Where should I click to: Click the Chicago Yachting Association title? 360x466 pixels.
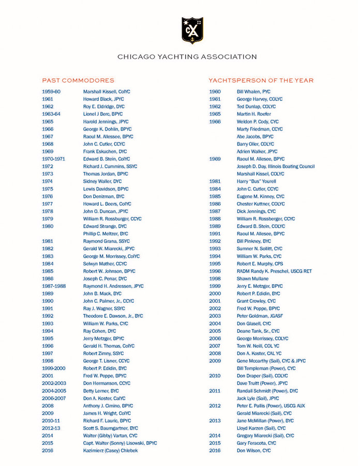[187, 57]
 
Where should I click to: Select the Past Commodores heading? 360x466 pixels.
[78, 81]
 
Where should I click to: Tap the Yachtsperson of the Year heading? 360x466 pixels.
[261, 81]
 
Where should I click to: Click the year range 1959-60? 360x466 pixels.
[51, 91]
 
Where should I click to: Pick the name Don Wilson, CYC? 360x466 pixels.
[253, 451]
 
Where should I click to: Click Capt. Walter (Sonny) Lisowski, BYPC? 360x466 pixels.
[120, 443]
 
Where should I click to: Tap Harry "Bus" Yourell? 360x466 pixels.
[257, 181]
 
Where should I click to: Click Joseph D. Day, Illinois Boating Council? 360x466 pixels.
[276, 166]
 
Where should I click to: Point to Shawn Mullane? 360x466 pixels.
[252, 279]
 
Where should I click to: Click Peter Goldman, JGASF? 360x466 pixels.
[260, 316]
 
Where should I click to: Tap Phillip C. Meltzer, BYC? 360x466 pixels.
[106, 234]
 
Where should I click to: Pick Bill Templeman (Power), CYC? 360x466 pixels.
[266, 368]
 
